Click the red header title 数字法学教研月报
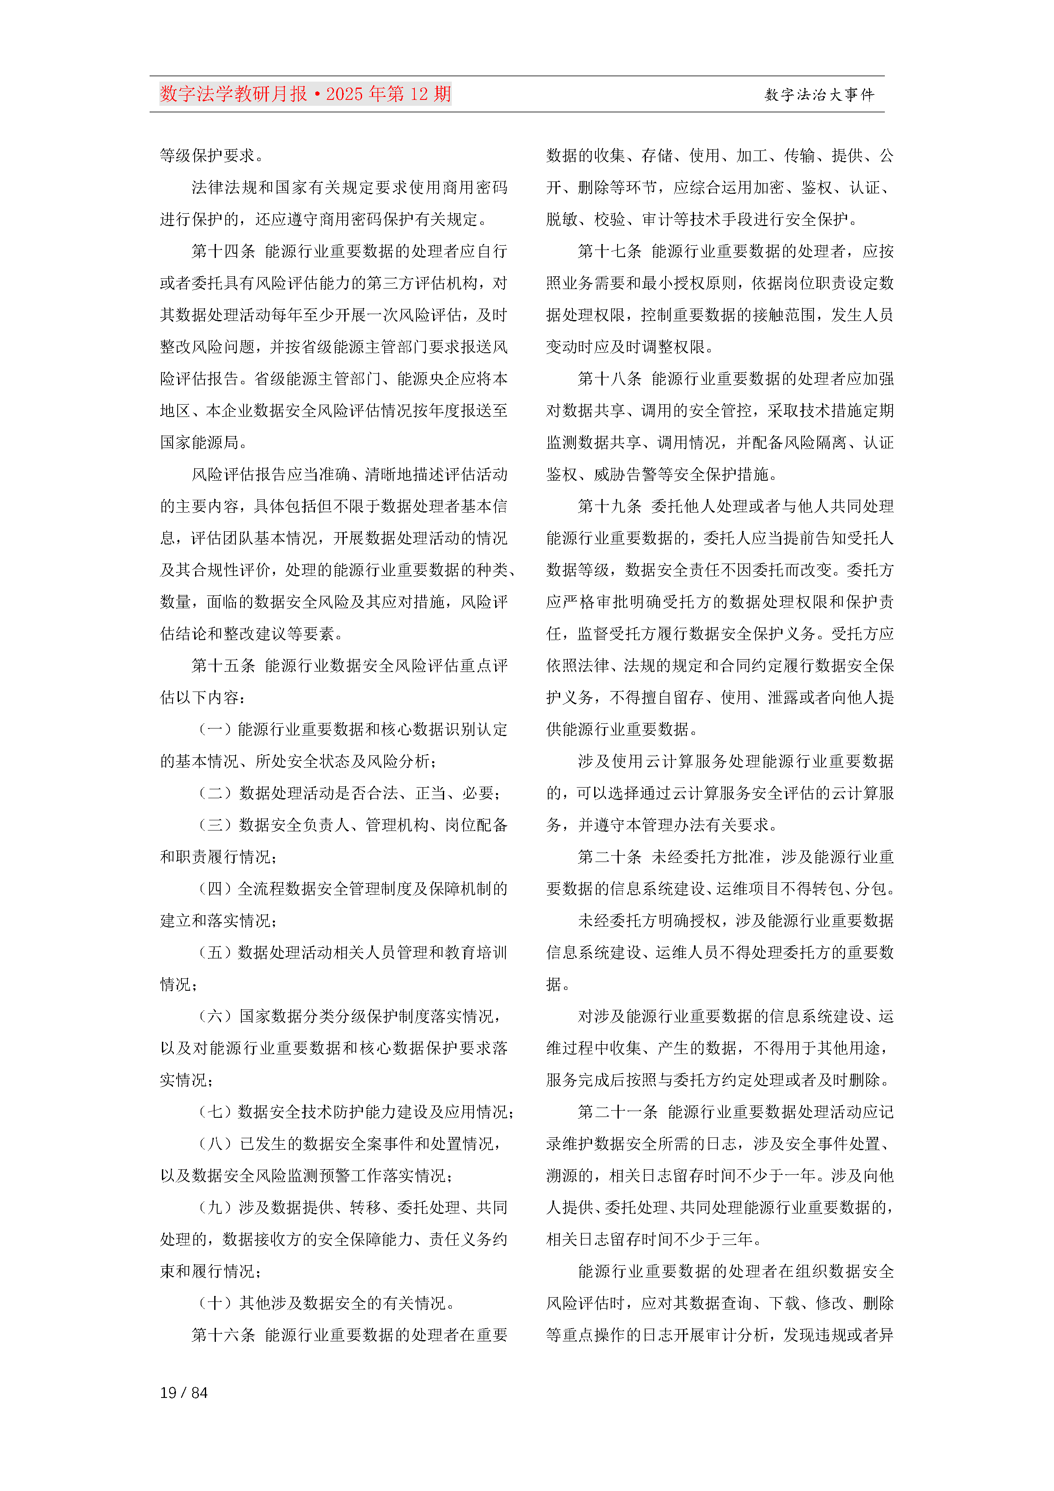(x=234, y=94)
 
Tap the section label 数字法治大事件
(x=819, y=95)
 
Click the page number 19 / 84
(x=184, y=1392)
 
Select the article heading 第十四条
(x=223, y=251)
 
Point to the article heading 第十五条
(x=223, y=666)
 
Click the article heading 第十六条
(x=223, y=1335)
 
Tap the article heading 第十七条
(x=609, y=251)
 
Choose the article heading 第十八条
(x=609, y=379)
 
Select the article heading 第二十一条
(x=617, y=1112)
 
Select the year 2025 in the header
(x=345, y=94)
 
